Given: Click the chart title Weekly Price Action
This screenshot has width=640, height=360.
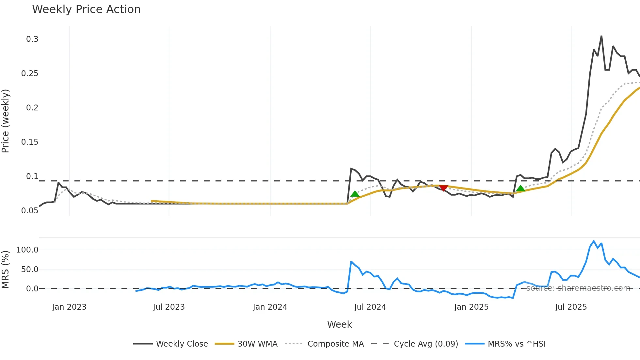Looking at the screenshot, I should [x=86, y=9].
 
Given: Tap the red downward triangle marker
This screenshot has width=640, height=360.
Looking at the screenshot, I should [x=443, y=188].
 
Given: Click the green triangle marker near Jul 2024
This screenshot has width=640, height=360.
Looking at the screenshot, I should [x=355, y=194].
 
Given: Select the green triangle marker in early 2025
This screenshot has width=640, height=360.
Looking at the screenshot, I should [x=520, y=188].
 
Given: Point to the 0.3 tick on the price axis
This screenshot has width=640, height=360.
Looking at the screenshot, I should [x=32, y=39].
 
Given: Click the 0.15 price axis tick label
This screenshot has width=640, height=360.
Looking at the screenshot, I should [x=30, y=142].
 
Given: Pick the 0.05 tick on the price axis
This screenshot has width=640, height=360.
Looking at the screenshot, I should [x=30, y=211].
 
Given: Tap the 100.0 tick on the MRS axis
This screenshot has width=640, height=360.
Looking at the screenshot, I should [x=27, y=250].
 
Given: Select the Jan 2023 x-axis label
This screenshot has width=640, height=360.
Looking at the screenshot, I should [x=69, y=307].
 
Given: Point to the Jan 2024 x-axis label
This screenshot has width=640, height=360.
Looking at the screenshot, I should [x=270, y=307].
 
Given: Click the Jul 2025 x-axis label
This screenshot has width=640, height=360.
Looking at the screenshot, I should [x=571, y=307].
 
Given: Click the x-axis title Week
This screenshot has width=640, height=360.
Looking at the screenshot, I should [x=339, y=324].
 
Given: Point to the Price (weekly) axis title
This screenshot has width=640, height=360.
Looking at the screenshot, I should [x=6, y=121].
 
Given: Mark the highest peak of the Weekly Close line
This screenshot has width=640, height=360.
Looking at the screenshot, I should [x=601, y=36].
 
